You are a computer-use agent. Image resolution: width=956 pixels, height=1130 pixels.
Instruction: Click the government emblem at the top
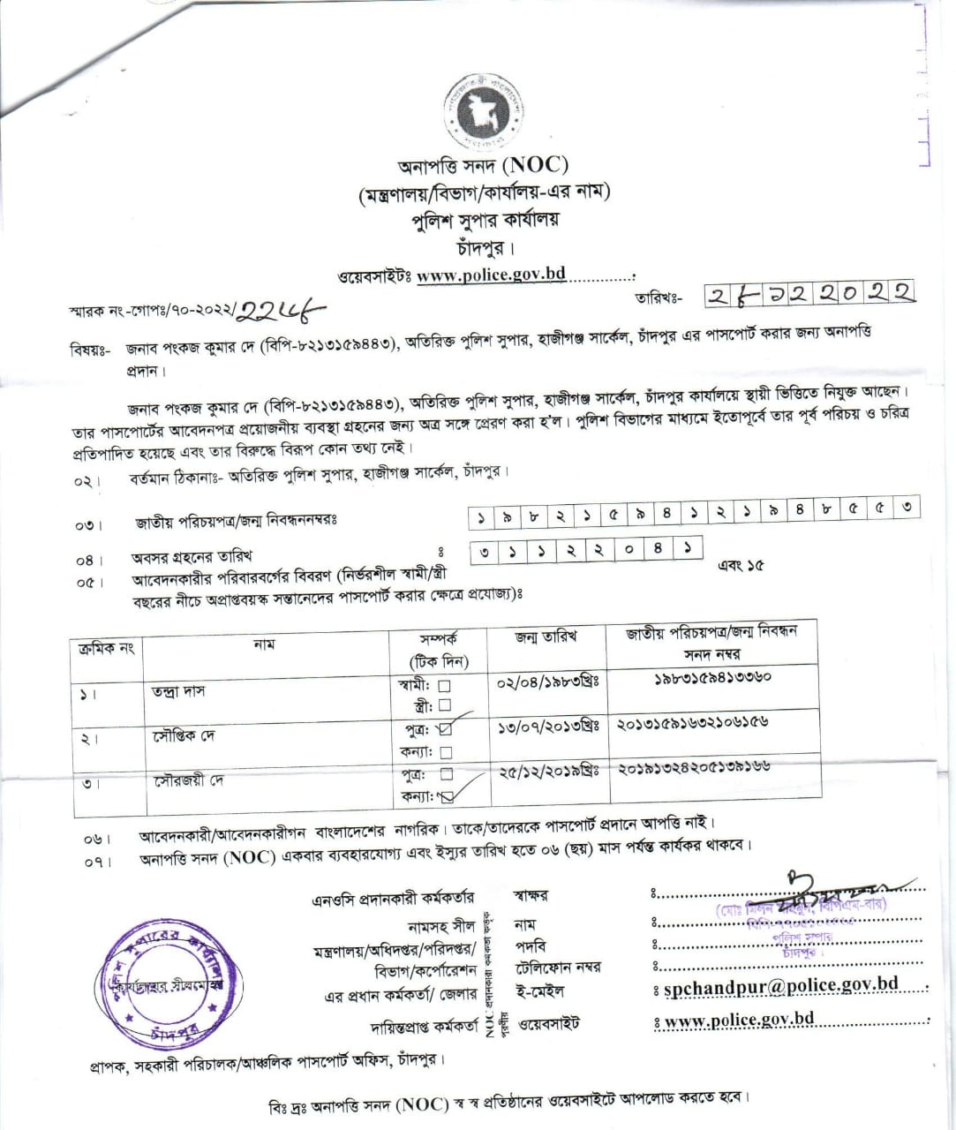point(484,109)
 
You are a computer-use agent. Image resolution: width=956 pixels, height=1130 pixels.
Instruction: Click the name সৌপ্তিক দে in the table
point(183,735)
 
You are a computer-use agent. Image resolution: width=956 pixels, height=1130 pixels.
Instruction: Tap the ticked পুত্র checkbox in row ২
point(445,729)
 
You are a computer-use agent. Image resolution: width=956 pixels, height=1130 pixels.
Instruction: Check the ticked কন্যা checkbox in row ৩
point(446,796)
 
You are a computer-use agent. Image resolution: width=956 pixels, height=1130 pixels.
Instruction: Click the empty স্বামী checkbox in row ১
point(445,685)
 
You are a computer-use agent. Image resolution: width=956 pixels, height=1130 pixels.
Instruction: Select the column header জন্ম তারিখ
point(546,637)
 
